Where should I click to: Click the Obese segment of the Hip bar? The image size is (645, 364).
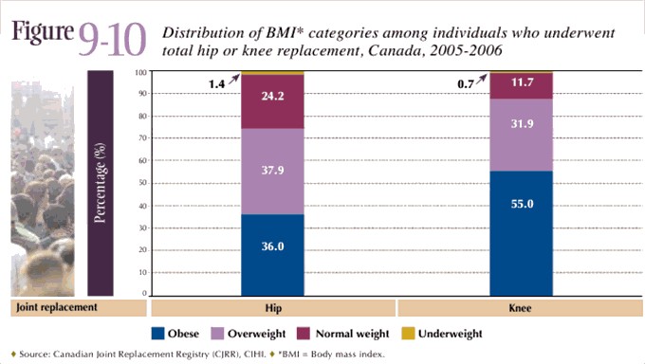(272, 253)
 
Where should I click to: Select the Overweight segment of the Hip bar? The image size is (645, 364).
(272, 171)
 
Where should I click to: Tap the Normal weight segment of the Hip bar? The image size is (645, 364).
(272, 100)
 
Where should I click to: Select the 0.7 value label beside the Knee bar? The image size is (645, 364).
(466, 84)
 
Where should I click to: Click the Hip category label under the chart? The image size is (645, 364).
(272, 308)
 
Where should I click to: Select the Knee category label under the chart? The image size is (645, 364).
(520, 308)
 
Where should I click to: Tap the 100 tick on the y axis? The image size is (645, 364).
(140, 72)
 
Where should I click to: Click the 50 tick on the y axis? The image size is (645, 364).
(142, 183)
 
